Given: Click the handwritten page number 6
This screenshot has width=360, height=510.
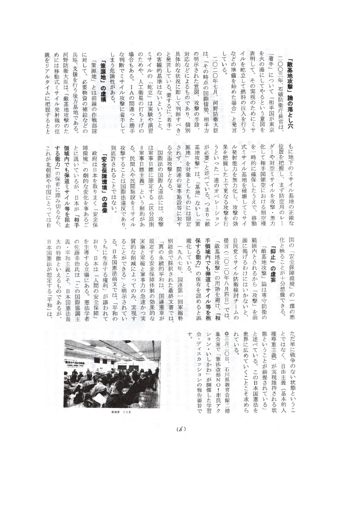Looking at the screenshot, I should pyautogui.click(x=181, y=429).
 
